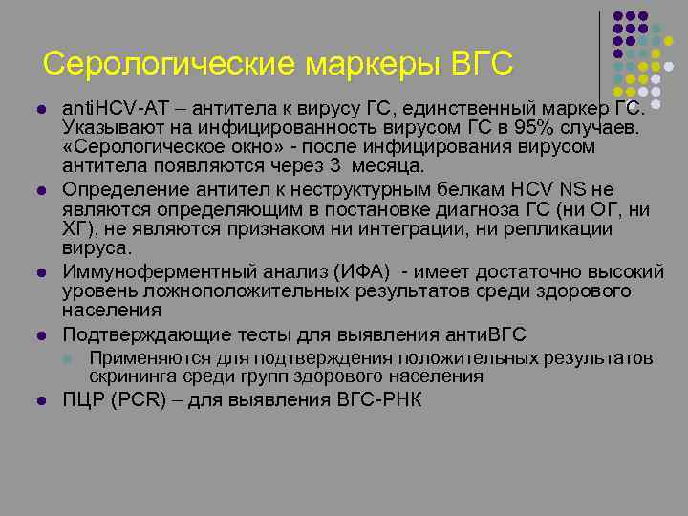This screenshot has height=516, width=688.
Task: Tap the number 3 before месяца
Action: [x=333, y=167]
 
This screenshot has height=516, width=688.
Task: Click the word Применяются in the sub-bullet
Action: [x=138, y=358]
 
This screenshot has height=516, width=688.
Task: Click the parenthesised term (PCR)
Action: [x=134, y=399]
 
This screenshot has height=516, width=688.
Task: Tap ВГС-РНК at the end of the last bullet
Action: [x=377, y=399]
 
